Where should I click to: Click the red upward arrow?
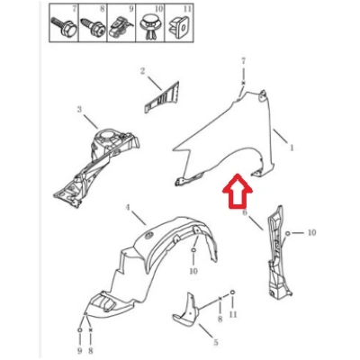click(x=238, y=192)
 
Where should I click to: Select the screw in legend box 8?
click(x=93, y=26)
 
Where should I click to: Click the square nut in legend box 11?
click(x=179, y=25)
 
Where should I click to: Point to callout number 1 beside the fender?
click(x=291, y=148)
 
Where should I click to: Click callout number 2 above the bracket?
click(x=142, y=71)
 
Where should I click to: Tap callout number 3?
click(x=79, y=109)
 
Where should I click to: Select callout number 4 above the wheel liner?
click(x=128, y=207)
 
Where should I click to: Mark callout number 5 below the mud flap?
click(x=215, y=342)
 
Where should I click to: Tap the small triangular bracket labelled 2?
click(x=161, y=97)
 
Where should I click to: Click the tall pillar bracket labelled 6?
click(x=279, y=253)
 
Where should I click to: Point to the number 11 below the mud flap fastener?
click(x=233, y=314)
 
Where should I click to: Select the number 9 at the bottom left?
click(x=80, y=350)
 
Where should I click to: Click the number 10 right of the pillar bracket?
click(x=311, y=232)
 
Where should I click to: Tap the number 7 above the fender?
click(x=243, y=61)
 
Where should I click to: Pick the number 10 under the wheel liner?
click(x=193, y=271)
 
